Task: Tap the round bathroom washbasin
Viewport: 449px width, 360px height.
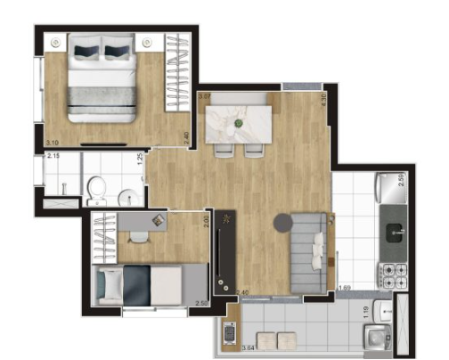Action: (126, 193)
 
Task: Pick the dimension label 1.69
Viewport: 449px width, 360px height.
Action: (344, 288)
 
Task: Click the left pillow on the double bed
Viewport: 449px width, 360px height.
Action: (86, 50)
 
